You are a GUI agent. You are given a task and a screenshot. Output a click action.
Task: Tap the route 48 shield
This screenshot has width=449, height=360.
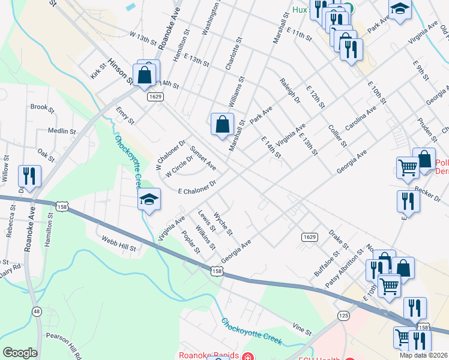click(x=37, y=311)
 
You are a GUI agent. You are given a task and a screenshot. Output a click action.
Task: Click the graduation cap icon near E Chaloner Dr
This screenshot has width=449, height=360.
click(x=149, y=200)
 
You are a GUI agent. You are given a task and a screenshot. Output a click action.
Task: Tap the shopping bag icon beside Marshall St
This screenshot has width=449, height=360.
click(x=222, y=124)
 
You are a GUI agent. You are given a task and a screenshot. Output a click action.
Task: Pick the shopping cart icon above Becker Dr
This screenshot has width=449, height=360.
click(x=407, y=167)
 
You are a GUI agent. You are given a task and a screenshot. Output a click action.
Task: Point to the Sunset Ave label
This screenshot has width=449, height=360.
click(x=203, y=157)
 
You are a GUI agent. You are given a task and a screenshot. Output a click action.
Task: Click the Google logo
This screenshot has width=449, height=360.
click(x=19, y=352)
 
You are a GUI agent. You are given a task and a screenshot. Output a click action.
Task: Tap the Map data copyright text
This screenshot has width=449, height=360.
click(x=424, y=355)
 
